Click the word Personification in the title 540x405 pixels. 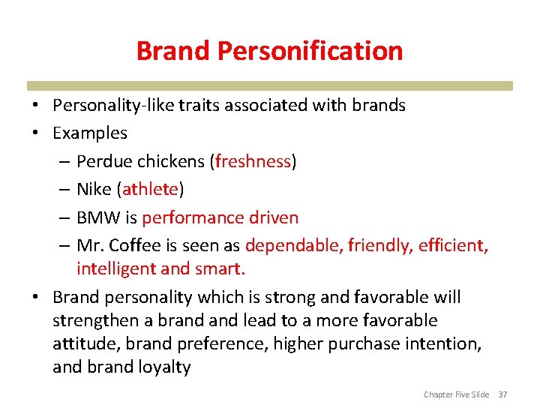coord(310,51)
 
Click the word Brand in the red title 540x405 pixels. coord(175,51)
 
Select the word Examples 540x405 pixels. coord(90,133)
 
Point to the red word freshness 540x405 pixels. coord(253,161)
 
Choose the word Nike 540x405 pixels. coord(94,190)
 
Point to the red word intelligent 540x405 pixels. coord(113,268)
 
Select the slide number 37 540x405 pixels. coord(502,394)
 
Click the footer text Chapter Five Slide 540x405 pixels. coord(456,394)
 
